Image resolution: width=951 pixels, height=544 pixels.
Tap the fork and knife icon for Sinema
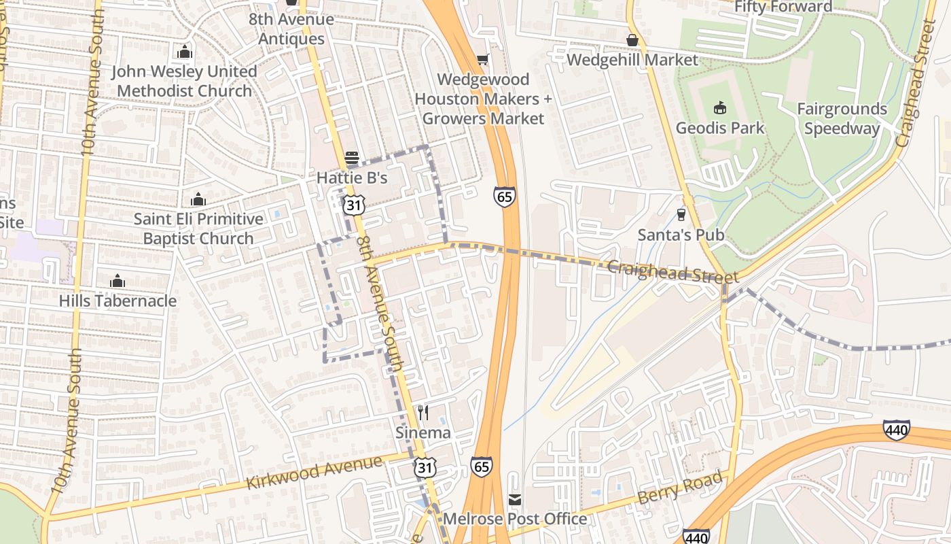tap(423, 413)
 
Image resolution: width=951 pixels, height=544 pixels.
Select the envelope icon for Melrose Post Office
tap(515, 500)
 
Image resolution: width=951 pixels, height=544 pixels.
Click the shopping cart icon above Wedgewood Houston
tap(482, 60)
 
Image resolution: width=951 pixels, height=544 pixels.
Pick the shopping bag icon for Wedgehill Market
tap(632, 40)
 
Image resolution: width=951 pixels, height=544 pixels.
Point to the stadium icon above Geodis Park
tap(719, 108)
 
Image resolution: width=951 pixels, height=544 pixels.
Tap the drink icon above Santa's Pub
tap(681, 215)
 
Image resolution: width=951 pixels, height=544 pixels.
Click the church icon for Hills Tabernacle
tap(118, 281)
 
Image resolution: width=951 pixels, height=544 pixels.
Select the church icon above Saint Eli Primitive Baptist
tap(198, 199)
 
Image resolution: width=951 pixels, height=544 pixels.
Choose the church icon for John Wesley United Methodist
tap(184, 52)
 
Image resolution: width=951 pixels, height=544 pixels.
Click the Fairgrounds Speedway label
tap(842, 119)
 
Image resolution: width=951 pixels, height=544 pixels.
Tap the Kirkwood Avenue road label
tap(314, 473)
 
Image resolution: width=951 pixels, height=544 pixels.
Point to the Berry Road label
tap(679, 488)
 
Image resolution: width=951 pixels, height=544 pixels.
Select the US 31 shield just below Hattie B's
tap(354, 204)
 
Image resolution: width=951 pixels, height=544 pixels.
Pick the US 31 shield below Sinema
tap(425, 467)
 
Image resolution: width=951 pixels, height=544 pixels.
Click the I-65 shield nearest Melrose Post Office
tap(481, 466)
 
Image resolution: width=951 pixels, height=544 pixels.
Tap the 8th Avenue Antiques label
tap(291, 29)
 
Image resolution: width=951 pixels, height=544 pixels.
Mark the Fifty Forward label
tap(783, 7)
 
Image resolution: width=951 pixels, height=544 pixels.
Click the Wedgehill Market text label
tap(632, 60)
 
